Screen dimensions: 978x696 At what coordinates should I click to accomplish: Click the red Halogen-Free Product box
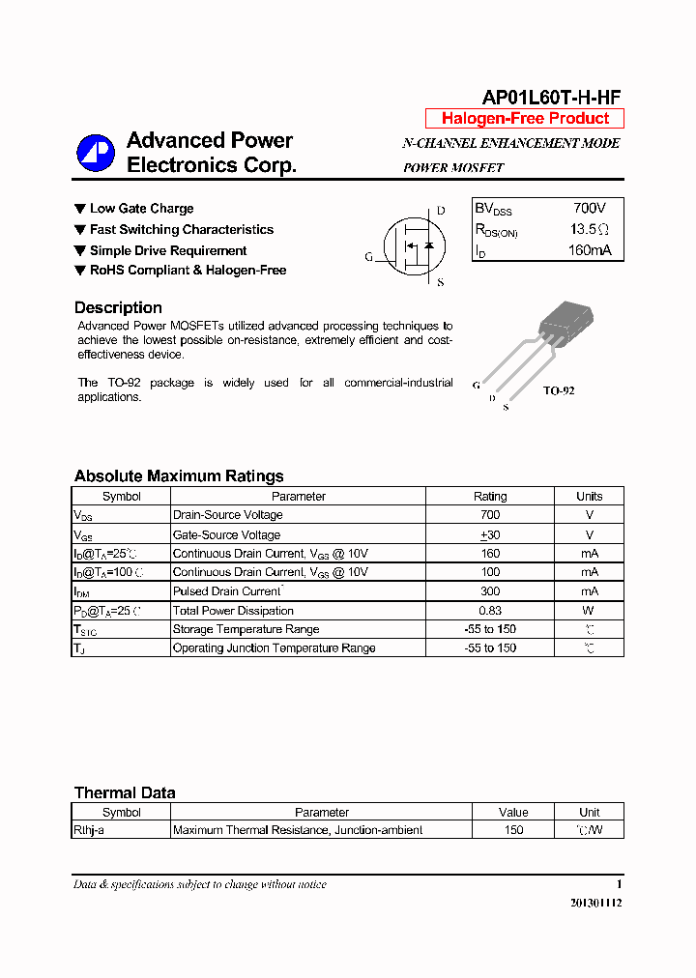pyautogui.click(x=525, y=119)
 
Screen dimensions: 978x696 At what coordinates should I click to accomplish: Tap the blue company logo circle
pyautogui.click(x=96, y=152)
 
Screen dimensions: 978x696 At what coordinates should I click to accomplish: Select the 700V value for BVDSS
pyautogui.click(x=589, y=209)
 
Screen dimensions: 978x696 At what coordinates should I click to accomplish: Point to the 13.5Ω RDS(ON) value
pyautogui.click(x=589, y=230)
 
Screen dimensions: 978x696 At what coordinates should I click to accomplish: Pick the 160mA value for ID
pyautogui.click(x=589, y=251)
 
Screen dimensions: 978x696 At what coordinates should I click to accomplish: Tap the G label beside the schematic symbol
pyautogui.click(x=368, y=257)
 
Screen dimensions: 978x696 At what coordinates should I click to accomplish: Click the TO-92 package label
pyautogui.click(x=558, y=390)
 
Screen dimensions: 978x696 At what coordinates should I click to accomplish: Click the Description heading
pyautogui.click(x=118, y=308)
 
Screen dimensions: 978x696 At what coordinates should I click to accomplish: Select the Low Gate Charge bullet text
pyautogui.click(x=141, y=209)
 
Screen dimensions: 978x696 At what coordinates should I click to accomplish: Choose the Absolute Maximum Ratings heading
pyautogui.click(x=179, y=475)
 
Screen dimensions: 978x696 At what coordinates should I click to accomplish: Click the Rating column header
pyautogui.click(x=490, y=496)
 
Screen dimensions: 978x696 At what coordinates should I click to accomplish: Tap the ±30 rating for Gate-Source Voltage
pyautogui.click(x=490, y=534)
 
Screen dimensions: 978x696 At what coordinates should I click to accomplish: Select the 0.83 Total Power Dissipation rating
pyautogui.click(x=490, y=611)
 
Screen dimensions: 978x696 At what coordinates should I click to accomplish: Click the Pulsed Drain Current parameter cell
pyautogui.click(x=227, y=591)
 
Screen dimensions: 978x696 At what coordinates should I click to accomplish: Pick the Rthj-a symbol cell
pyautogui.click(x=89, y=830)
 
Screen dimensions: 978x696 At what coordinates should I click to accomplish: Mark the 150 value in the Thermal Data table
pyautogui.click(x=513, y=830)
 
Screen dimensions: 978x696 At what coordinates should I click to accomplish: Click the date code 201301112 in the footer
pyautogui.click(x=590, y=902)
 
